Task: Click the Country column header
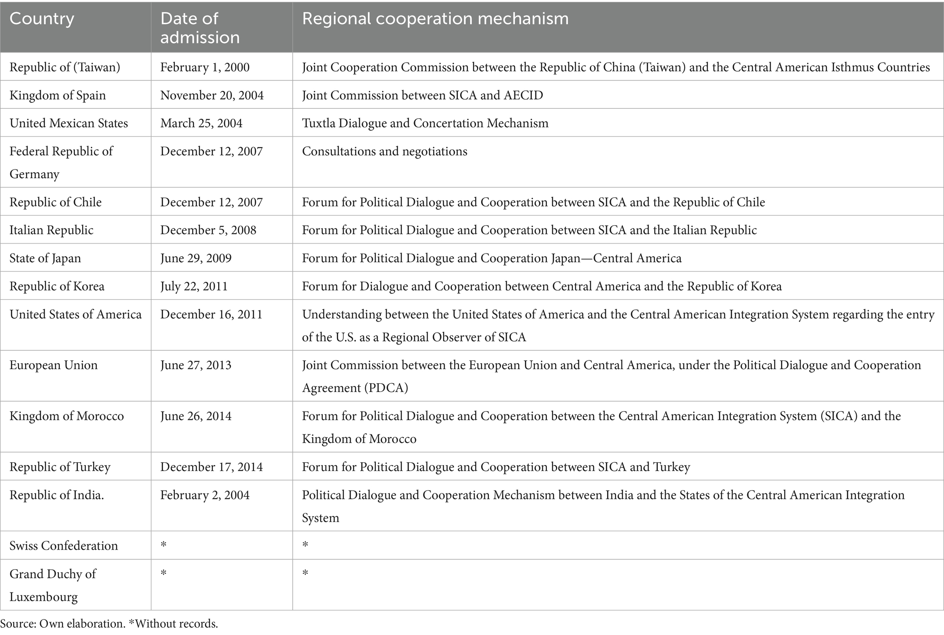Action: click(42, 19)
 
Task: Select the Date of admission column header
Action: click(199, 28)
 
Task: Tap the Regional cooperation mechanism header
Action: click(435, 19)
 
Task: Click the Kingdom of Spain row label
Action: click(58, 95)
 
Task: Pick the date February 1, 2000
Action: click(205, 68)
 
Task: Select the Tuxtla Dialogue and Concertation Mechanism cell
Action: click(425, 123)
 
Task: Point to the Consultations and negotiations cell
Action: click(384, 152)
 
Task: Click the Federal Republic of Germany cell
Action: click(61, 163)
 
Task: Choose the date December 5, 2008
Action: click(208, 230)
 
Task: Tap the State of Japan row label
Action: click(45, 259)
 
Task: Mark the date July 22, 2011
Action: click(194, 286)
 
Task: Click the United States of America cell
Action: click(75, 315)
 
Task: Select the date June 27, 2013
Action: click(195, 365)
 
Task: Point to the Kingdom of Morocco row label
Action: click(67, 416)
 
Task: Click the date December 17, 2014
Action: click(211, 467)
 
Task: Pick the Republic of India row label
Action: click(57, 495)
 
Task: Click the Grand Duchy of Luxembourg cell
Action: click(52, 585)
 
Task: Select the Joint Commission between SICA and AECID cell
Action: click(422, 95)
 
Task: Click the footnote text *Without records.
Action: click(173, 624)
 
